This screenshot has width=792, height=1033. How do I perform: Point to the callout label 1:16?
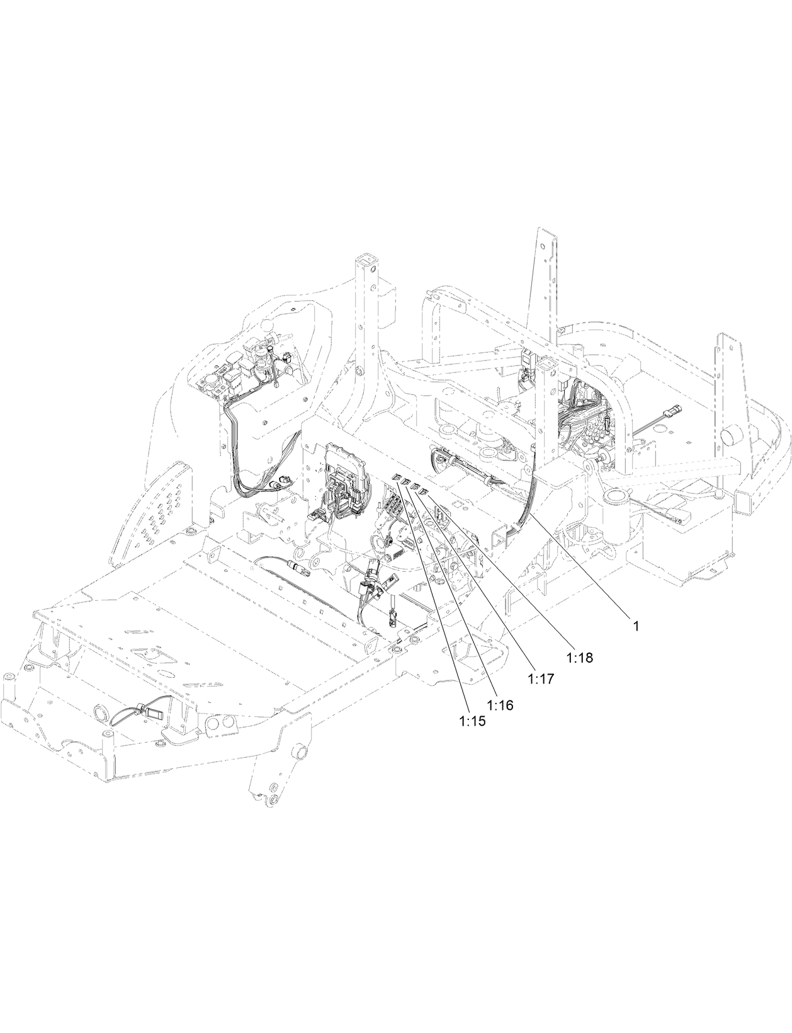[500, 705]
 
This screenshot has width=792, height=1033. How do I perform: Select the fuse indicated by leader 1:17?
[416, 488]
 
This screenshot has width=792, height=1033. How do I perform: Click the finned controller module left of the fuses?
[341, 467]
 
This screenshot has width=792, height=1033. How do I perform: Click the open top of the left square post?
[364, 260]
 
